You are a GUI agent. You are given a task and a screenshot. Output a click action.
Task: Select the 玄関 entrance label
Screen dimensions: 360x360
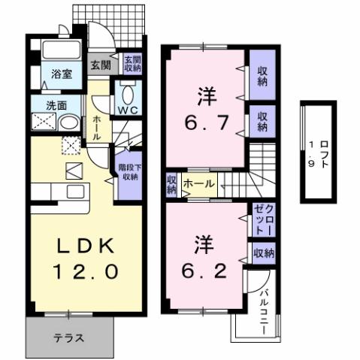pos(100,64)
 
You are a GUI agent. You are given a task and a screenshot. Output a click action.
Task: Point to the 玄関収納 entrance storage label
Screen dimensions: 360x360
pos(132,64)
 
